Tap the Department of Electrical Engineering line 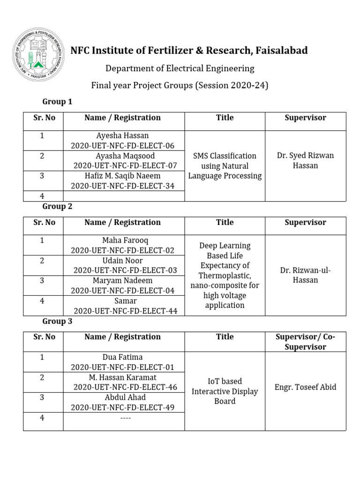(180, 68)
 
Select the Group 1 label (57, 101)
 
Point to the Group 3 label (57, 321)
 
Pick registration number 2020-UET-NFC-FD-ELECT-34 (123, 186)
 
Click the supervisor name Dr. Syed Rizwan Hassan (305, 160)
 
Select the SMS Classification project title (225, 165)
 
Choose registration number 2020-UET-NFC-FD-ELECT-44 (125, 311)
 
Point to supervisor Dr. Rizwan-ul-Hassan (305, 275)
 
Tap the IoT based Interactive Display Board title (225, 391)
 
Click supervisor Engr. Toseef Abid (305, 387)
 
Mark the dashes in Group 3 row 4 (124, 418)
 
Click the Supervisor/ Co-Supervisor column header (305, 342)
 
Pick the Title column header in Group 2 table (225, 222)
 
